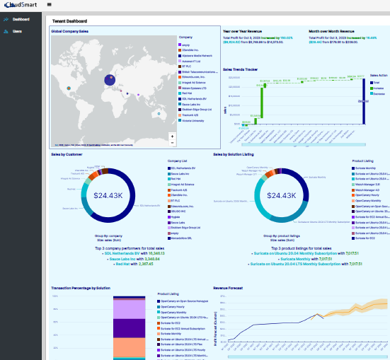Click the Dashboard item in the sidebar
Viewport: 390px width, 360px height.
click(x=21, y=19)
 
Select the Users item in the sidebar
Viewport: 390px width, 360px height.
click(x=17, y=31)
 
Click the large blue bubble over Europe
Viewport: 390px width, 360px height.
click(x=110, y=80)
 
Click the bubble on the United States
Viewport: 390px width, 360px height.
click(x=69, y=88)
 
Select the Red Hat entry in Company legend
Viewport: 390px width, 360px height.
click(x=187, y=91)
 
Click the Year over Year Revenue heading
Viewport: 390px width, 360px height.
click(x=244, y=32)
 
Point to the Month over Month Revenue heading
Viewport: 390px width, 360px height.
click(x=333, y=32)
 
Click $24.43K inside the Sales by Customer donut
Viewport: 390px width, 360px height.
click(x=109, y=195)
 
